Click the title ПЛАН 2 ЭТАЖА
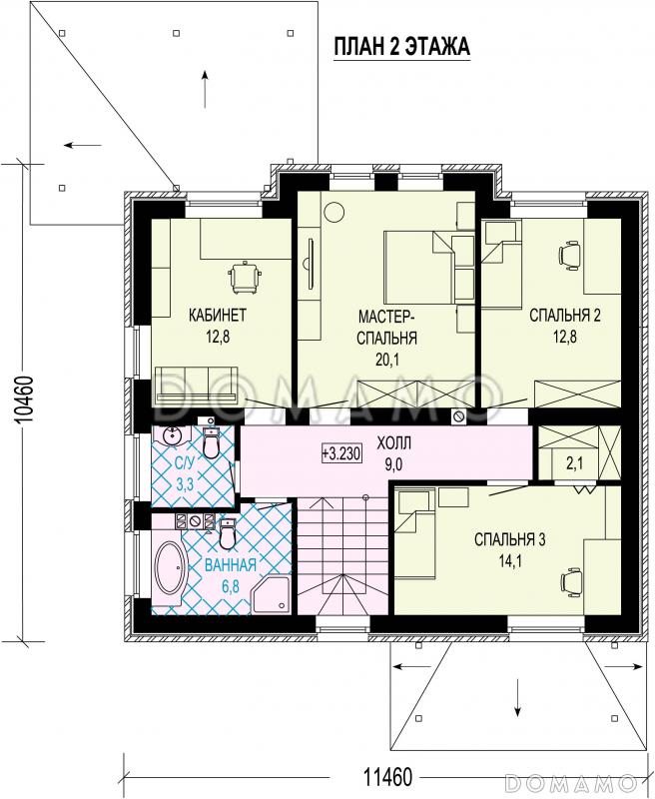[401, 46]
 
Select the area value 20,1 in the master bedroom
[387, 360]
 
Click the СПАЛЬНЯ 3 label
[510, 539]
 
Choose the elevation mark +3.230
[341, 453]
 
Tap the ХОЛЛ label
[393, 442]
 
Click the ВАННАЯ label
[231, 565]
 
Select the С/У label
[185, 463]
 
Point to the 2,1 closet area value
[574, 463]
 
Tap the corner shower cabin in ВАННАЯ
[272, 594]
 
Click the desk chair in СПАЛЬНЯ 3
[571, 581]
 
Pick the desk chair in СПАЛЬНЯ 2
[570, 256]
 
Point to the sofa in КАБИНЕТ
[197, 386]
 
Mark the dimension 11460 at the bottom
[387, 777]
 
